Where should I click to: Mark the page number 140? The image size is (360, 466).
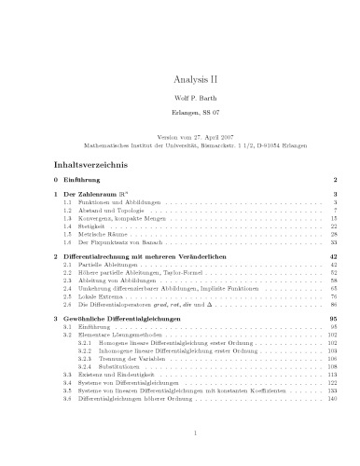(330, 395)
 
